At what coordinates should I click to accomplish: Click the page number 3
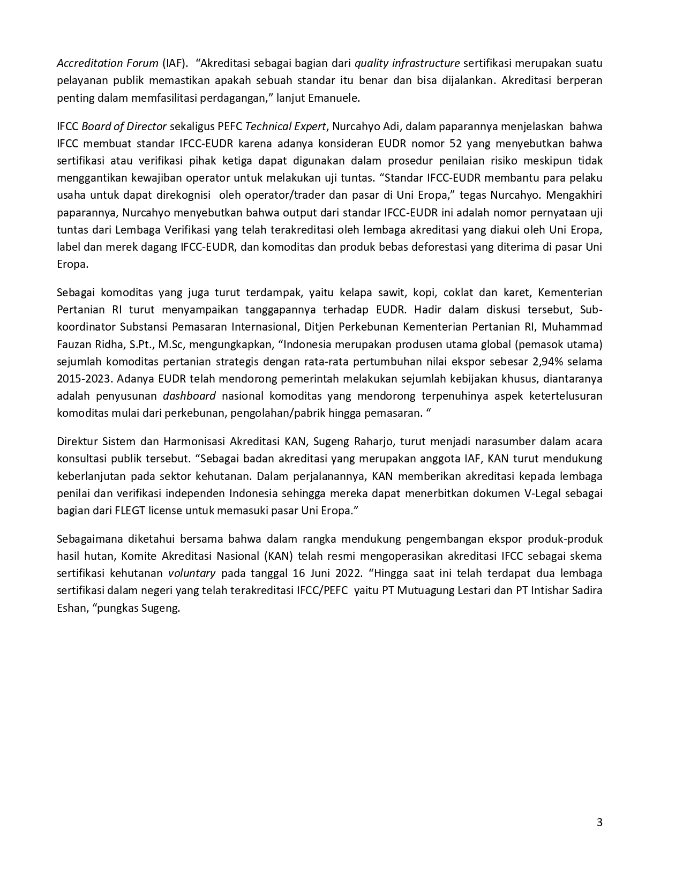(x=599, y=822)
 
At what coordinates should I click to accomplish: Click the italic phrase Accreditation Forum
(x=107, y=63)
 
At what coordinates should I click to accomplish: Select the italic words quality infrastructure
(x=407, y=63)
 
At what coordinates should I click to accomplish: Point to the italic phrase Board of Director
(x=124, y=126)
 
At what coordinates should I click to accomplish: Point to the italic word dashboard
(x=189, y=396)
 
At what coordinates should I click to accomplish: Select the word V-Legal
(x=542, y=493)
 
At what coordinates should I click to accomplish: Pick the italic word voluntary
(x=192, y=573)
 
